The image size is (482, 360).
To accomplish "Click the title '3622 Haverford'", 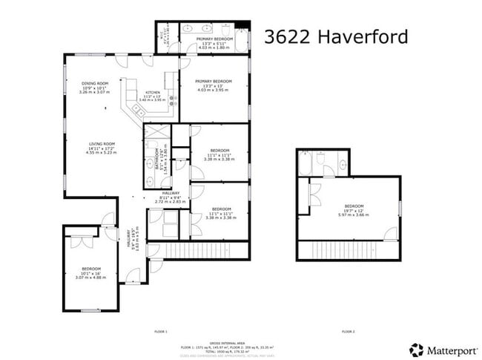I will (x=336, y=36).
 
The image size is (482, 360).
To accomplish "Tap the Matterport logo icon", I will (x=417, y=350).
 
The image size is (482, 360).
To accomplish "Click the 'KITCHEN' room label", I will (x=153, y=92).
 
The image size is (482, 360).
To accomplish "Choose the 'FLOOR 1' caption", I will (x=161, y=331).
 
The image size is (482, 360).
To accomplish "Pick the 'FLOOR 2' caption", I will (x=348, y=331).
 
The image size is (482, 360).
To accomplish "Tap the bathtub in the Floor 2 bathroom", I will (x=306, y=163).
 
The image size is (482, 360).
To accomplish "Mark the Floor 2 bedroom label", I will (x=354, y=206).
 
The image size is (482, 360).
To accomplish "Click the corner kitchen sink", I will (x=138, y=108).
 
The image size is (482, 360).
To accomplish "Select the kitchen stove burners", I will (x=172, y=99).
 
